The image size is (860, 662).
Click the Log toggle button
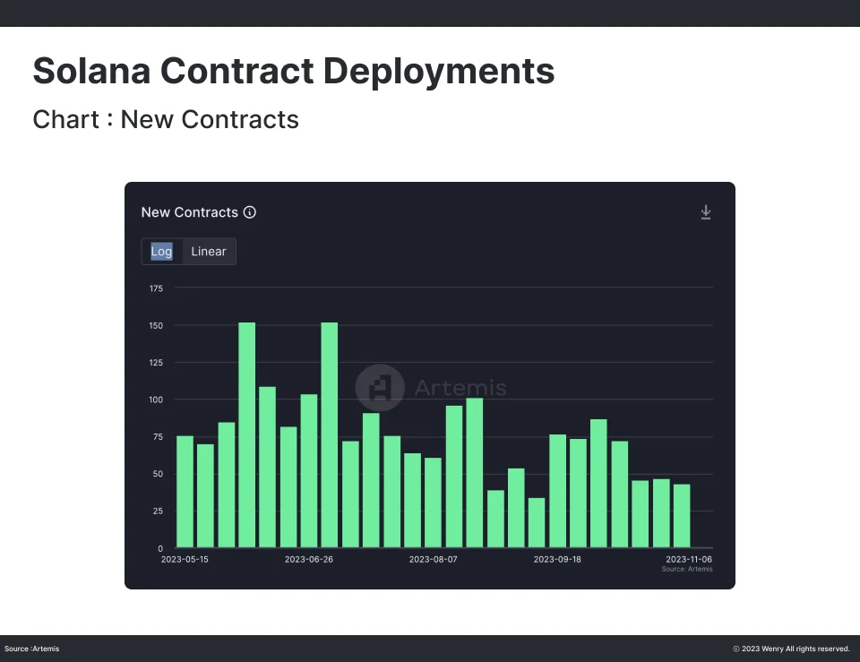tap(162, 252)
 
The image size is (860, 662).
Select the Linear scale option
tap(209, 252)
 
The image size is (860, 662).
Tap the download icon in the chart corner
tap(706, 212)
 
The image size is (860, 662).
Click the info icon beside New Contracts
tap(250, 212)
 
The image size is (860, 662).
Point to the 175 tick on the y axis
tap(156, 288)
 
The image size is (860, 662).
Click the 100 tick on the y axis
tap(156, 400)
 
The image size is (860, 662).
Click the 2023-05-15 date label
tap(185, 560)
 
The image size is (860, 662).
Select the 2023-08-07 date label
tap(433, 560)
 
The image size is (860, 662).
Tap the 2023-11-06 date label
tap(687, 560)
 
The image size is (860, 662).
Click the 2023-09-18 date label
tap(557, 560)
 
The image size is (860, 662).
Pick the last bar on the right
tap(682, 516)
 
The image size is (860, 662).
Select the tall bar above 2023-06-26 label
tap(329, 434)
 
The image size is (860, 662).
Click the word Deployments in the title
tap(439, 71)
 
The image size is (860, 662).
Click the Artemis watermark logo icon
tap(380, 388)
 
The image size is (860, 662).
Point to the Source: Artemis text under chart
tap(687, 570)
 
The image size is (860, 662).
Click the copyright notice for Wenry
tap(791, 649)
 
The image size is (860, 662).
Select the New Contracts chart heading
tap(190, 212)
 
